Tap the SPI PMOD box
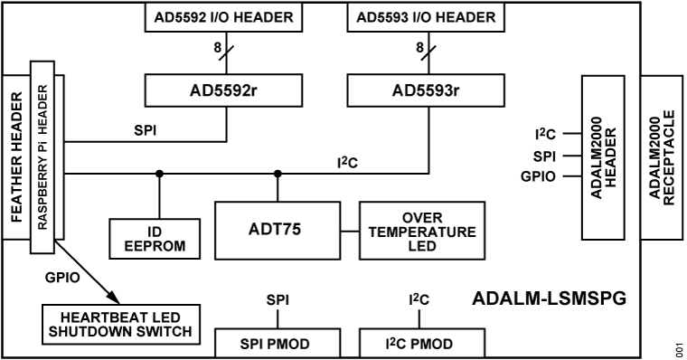[x=277, y=345]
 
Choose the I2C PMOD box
[x=418, y=345]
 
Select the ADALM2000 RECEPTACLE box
[x=663, y=158]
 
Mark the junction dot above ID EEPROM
[x=160, y=173]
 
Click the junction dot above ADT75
[x=278, y=173]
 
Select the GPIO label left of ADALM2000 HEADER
[x=539, y=175]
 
